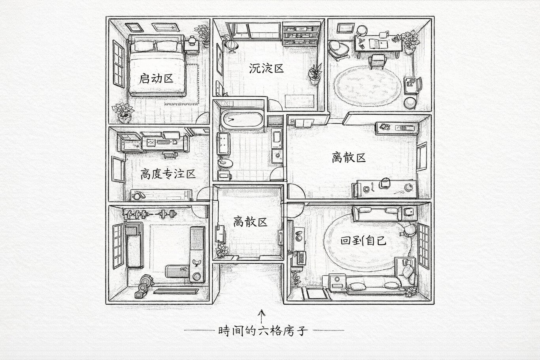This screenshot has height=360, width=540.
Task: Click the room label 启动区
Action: click(x=156, y=78)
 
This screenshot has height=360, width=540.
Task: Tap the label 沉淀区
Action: click(x=266, y=68)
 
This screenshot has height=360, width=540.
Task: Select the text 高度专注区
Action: click(x=168, y=174)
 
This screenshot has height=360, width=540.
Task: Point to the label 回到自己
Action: click(x=363, y=241)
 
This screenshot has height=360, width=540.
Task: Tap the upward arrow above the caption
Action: click(x=261, y=316)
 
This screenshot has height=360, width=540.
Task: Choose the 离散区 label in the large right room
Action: click(x=349, y=158)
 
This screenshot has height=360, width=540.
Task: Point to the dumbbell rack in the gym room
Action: click(x=150, y=215)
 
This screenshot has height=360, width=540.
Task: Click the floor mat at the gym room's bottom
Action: click(x=175, y=292)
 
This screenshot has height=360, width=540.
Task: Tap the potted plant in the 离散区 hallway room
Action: click(x=222, y=250)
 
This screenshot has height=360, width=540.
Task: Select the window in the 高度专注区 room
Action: click(x=117, y=169)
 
